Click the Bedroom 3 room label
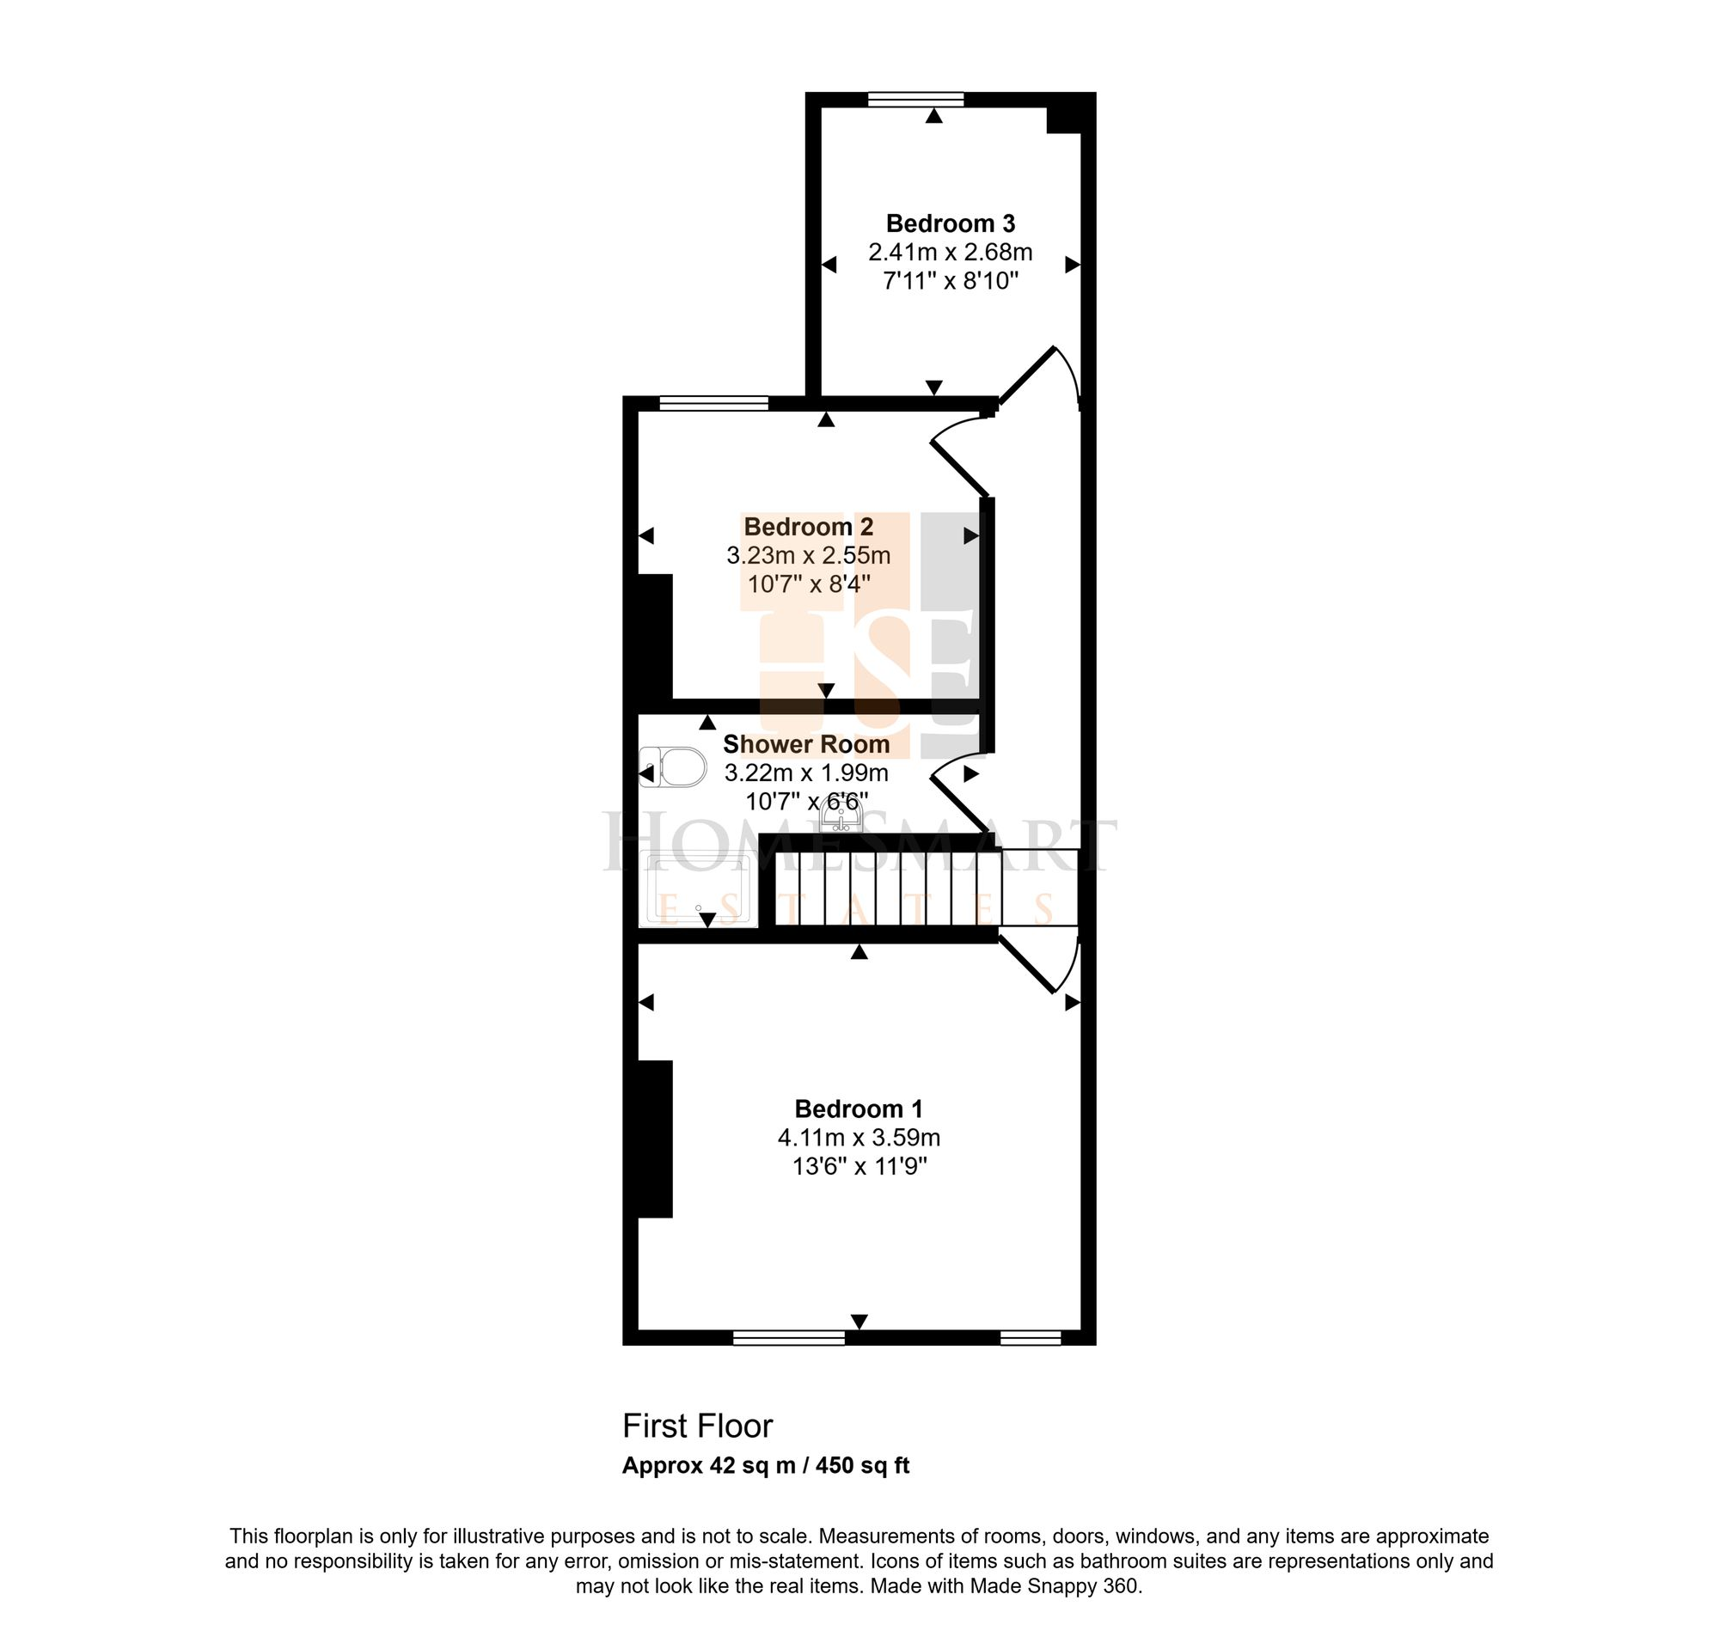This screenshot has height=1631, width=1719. pyautogui.click(x=950, y=223)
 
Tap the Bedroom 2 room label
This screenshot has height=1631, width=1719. pyautogui.click(x=808, y=527)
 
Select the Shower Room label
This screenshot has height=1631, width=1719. pyautogui.click(x=806, y=744)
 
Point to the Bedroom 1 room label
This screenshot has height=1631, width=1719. pyautogui.click(x=858, y=1109)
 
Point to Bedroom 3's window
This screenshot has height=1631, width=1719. pyautogui.click(x=915, y=99)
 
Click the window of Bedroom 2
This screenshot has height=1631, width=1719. pyautogui.click(x=714, y=402)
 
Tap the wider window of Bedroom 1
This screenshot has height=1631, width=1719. pyautogui.click(x=789, y=1338)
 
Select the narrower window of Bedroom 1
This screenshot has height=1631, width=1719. pyautogui.click(x=1031, y=1338)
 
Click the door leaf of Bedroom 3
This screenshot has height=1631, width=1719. pyautogui.click(x=1026, y=376)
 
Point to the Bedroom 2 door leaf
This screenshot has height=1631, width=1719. pyautogui.click(x=961, y=468)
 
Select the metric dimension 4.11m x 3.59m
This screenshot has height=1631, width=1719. pyautogui.click(x=858, y=1137)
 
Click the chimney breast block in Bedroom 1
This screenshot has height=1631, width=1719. pyautogui.click(x=656, y=1139)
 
